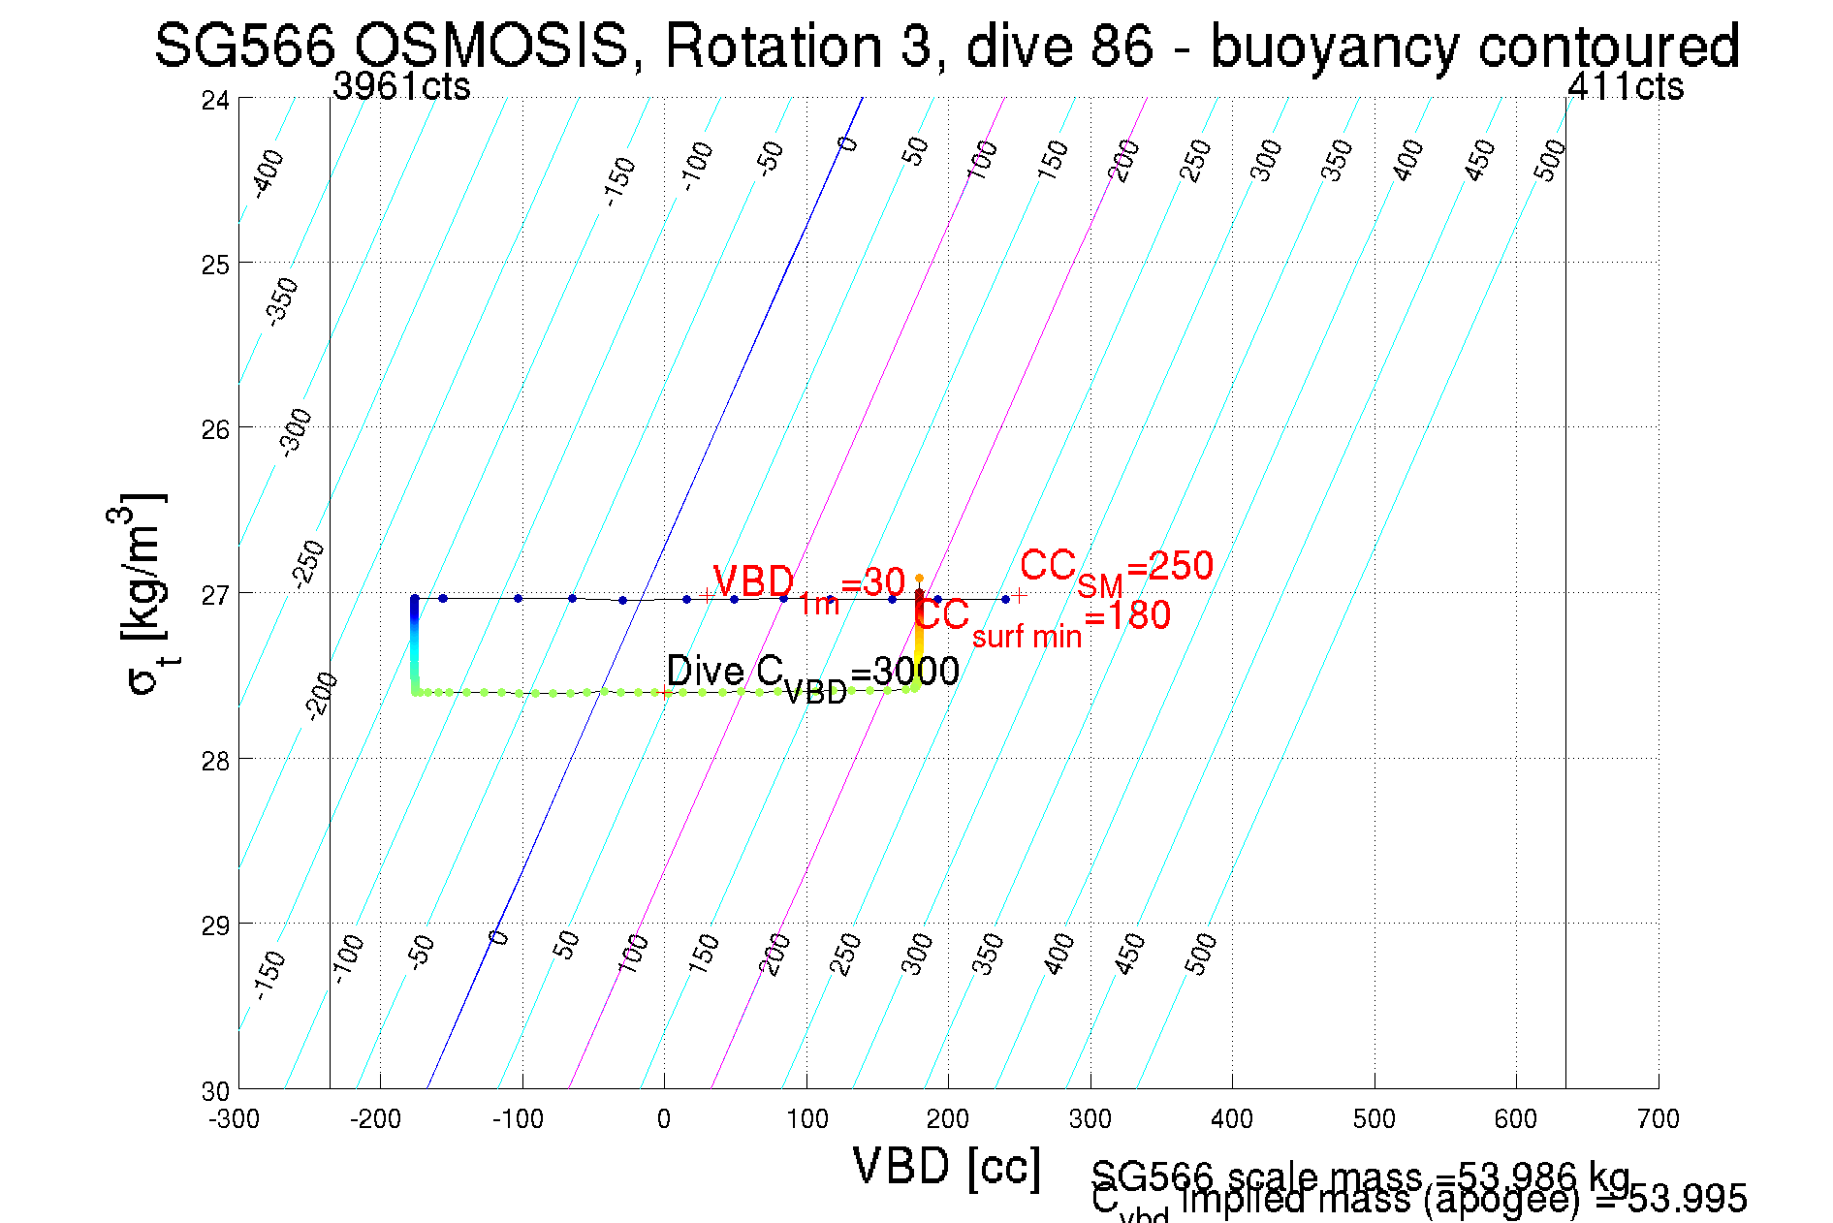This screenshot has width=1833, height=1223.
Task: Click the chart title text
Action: point(946,47)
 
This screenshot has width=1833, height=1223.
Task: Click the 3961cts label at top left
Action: point(401,87)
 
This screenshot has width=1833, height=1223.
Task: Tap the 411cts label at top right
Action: point(1626,87)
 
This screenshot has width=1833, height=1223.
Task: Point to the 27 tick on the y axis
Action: point(215,594)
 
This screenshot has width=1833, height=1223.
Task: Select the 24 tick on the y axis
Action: point(215,100)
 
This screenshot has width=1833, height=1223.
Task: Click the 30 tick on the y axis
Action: point(215,1091)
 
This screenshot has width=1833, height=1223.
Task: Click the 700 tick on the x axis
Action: point(1658,1119)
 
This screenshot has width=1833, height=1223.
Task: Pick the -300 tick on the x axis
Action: point(235,1119)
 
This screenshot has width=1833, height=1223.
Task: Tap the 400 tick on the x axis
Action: point(1232,1119)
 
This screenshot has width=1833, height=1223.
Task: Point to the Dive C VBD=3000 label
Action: point(812,674)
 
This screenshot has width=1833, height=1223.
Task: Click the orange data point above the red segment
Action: point(919,579)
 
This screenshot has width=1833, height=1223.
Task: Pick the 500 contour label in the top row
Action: point(1550,160)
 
